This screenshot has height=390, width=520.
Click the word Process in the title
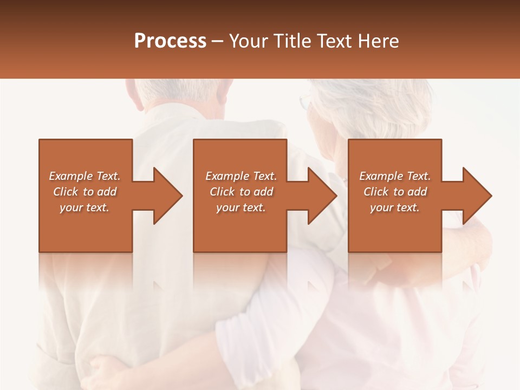pyautogui.click(x=170, y=41)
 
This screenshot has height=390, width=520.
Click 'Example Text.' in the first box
pyautogui.click(x=84, y=176)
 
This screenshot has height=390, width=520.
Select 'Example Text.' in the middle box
pyautogui.click(x=241, y=176)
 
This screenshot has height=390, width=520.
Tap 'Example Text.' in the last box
pyautogui.click(x=395, y=176)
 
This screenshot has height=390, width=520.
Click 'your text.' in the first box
pyautogui.click(x=84, y=207)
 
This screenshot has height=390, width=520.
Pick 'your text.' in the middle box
pyautogui.click(x=241, y=207)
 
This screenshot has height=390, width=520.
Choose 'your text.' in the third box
pyautogui.click(x=395, y=207)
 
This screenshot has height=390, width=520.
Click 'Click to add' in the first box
pyautogui.click(x=84, y=192)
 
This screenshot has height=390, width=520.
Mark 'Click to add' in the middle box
pyautogui.click(x=241, y=192)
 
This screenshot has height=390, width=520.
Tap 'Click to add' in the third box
pyautogui.click(x=395, y=192)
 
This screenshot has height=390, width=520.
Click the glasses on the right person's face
pyautogui.click(x=305, y=102)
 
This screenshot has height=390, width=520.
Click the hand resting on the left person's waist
pyautogui.click(x=106, y=371)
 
